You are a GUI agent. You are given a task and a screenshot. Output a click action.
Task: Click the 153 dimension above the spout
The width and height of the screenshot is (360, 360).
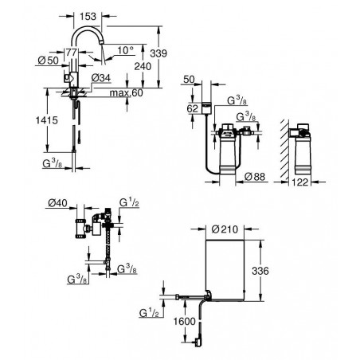pyautogui.click(x=88, y=17)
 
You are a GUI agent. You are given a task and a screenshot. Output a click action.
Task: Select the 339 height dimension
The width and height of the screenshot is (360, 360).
pyautogui.click(x=158, y=53)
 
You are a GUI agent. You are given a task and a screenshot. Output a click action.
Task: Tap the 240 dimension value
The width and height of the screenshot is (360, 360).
pyautogui.click(x=143, y=66)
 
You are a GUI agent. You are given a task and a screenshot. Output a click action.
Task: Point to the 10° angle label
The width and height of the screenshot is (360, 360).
pyautogui.click(x=125, y=50)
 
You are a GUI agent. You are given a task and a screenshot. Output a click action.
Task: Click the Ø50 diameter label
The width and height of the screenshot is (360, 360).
pyautogui.click(x=49, y=61)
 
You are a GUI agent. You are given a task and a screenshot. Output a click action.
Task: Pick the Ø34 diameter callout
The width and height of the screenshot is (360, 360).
pyautogui.click(x=101, y=78)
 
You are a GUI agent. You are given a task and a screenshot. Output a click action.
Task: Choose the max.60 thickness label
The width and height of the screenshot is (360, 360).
pyautogui.click(x=127, y=92)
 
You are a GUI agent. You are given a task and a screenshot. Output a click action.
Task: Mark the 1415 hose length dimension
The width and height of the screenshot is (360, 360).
pyautogui.click(x=47, y=120)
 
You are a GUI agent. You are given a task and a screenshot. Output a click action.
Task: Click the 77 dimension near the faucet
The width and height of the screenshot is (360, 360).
pyautogui.click(x=72, y=53)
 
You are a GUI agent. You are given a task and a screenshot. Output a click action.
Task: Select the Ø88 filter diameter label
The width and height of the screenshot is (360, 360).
pyautogui.click(x=255, y=177)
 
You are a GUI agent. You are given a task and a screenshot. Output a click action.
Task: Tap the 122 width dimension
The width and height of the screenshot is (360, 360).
pyautogui.click(x=300, y=182)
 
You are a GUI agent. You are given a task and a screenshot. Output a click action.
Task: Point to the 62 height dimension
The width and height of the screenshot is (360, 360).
pyautogui.click(x=193, y=108)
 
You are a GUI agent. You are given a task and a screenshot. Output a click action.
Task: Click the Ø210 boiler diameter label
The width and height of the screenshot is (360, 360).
pyautogui.click(x=225, y=229)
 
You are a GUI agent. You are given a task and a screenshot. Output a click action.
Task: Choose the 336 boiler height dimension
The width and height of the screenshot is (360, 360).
pyautogui.click(x=260, y=271)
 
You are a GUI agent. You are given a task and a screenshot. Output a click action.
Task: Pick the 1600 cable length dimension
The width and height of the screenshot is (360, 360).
pyautogui.click(x=185, y=322)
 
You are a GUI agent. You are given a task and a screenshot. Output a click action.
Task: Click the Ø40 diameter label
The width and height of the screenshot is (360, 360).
pyautogui.click(x=57, y=203)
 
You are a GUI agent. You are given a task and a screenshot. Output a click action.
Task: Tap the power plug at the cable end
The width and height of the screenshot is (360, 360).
pyautogui.click(x=198, y=342)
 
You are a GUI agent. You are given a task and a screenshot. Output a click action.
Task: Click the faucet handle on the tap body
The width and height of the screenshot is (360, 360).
pyautogui.click(x=67, y=78)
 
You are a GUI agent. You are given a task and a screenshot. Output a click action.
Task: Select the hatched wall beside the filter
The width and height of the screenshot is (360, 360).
pyautogui.click(x=284, y=150)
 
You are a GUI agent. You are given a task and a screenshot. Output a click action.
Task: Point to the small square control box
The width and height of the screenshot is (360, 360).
pyautogui.click(x=206, y=108)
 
